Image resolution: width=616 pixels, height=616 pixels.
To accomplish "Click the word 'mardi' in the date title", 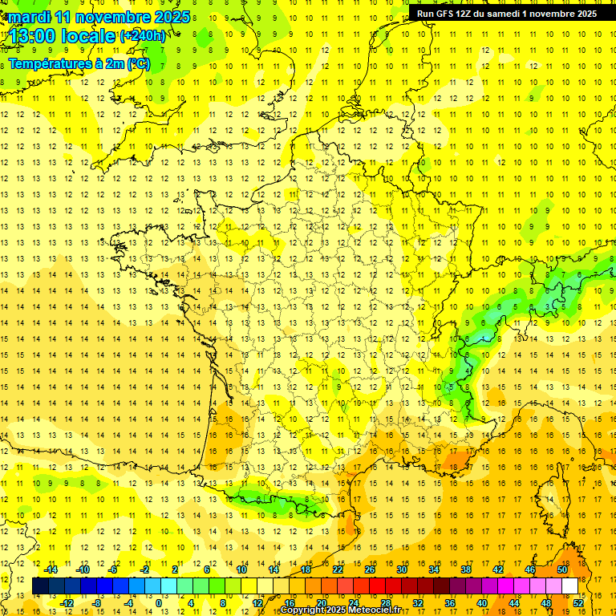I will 30,17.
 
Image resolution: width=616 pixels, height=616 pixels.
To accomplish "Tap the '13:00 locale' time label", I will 62,37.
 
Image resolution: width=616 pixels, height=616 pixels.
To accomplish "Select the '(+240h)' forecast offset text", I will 143,36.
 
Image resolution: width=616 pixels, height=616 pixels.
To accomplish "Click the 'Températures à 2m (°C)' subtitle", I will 79,64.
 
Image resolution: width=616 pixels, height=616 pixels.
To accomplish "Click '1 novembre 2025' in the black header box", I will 559,14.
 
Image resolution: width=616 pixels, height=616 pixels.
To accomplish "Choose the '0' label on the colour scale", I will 159,603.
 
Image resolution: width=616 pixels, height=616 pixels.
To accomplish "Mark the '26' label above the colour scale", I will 370,569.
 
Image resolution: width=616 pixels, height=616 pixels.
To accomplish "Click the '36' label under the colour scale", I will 450,603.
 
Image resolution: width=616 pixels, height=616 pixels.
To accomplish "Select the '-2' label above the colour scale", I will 144,569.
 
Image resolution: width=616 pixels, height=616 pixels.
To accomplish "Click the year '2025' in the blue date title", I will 171,17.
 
